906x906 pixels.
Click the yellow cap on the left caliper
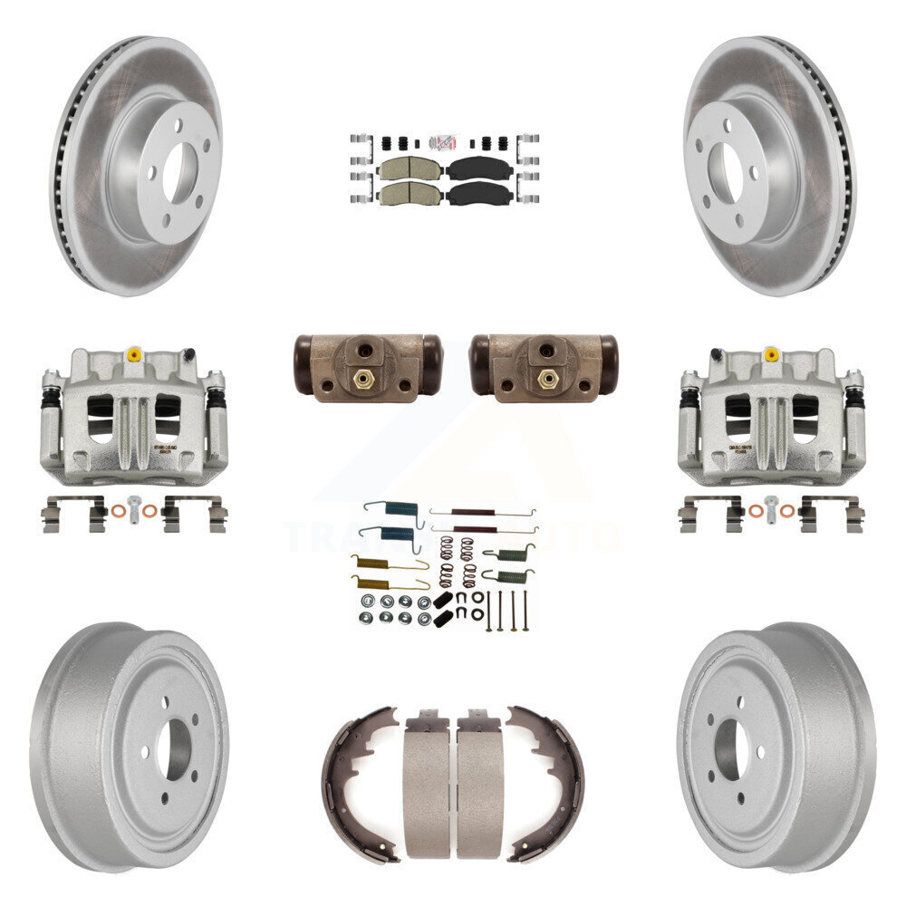coord(134,352)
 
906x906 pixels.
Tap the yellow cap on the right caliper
coord(771,353)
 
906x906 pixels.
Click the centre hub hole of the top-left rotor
coord(180,167)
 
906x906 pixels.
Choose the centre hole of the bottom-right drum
coord(729,748)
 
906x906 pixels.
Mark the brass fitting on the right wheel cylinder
coord(545,379)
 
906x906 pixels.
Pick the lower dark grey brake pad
coord(477,193)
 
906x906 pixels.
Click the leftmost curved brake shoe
coord(357,784)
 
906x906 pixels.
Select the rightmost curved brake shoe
coord(547,784)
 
